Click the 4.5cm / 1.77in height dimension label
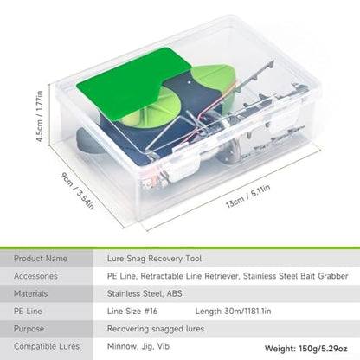pyautogui.click(x=40, y=116)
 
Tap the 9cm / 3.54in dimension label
pyautogui.click(x=77, y=190)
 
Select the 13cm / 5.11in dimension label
pyautogui.click(x=248, y=196)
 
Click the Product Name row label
pyautogui.click(x=41, y=259)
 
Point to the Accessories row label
pyautogui.click(x=35, y=276)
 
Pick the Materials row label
pyautogui.click(x=30, y=293)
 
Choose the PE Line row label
pyautogui.click(x=28, y=312)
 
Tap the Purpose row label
pyautogui.click(x=29, y=329)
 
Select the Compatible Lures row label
pyautogui.click(x=47, y=346)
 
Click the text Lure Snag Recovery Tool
pyautogui.click(x=154, y=259)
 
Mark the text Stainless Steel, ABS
pyautogui.click(x=145, y=293)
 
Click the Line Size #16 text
pyautogui.click(x=132, y=312)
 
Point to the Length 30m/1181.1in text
pyautogui.click(x=233, y=312)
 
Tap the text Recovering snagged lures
pyautogui.click(x=156, y=329)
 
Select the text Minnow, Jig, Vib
pyautogui.click(x=138, y=346)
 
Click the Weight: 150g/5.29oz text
pyautogui.click(x=306, y=349)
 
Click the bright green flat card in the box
pyautogui.click(x=133, y=84)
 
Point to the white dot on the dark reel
pyautogui.click(x=190, y=82)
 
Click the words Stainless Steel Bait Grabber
pyautogui.click(x=296, y=276)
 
